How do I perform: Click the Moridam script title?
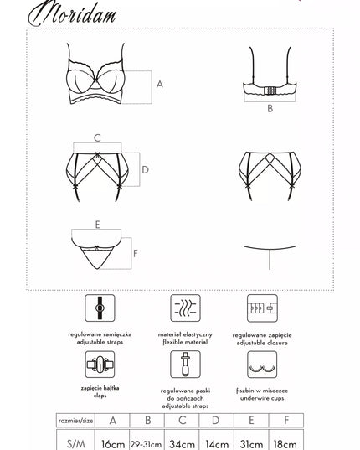(x=72, y=13)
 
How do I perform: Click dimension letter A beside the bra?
(x=160, y=84)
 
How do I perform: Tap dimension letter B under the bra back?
(x=270, y=109)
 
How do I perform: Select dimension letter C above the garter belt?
(x=97, y=138)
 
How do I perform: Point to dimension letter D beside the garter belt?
(x=146, y=170)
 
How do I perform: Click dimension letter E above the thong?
(x=97, y=225)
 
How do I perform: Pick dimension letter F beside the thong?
(x=136, y=253)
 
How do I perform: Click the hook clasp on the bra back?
(x=270, y=91)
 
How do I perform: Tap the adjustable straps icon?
(x=100, y=308)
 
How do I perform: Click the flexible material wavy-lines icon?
(x=186, y=308)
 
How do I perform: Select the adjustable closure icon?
(x=262, y=308)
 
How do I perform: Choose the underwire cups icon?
(x=262, y=365)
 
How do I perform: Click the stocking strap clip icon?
(x=186, y=365)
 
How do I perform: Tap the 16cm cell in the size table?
(x=113, y=443)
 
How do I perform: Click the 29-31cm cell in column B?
(x=147, y=444)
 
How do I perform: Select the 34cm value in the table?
(x=182, y=443)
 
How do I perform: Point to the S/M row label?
(x=75, y=443)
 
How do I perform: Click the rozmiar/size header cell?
(x=75, y=421)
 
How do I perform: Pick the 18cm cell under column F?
(x=285, y=443)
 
